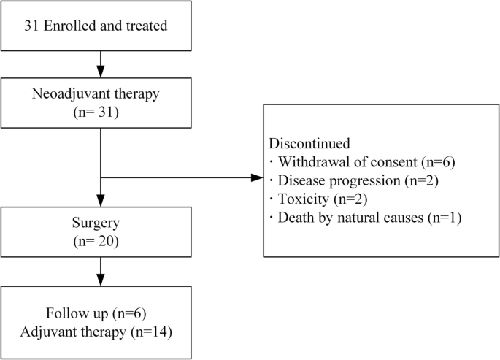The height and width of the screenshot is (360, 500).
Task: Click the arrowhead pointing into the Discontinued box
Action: [256, 177]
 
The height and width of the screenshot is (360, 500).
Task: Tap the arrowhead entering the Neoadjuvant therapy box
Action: [99, 74]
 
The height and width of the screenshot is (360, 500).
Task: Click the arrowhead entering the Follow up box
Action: [99, 283]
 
